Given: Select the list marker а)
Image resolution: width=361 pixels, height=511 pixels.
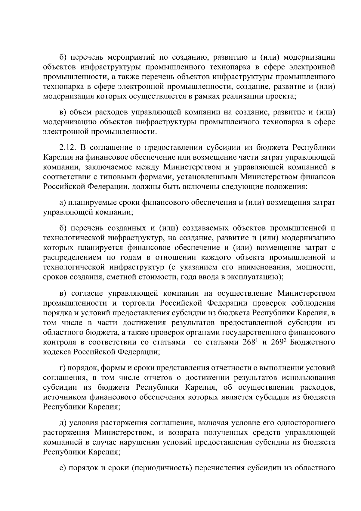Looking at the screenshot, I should click(63, 202).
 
